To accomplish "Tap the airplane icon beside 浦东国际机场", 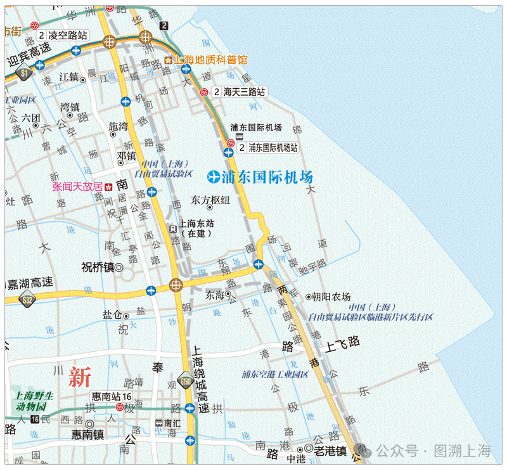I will (x=214, y=176).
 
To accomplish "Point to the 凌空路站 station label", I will (x=64, y=35).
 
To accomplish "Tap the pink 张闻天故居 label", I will (x=77, y=186).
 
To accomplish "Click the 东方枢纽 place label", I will (x=210, y=200).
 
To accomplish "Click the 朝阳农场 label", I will (x=328, y=296).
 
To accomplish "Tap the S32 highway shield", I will (x=27, y=300).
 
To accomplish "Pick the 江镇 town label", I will (x=68, y=77).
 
